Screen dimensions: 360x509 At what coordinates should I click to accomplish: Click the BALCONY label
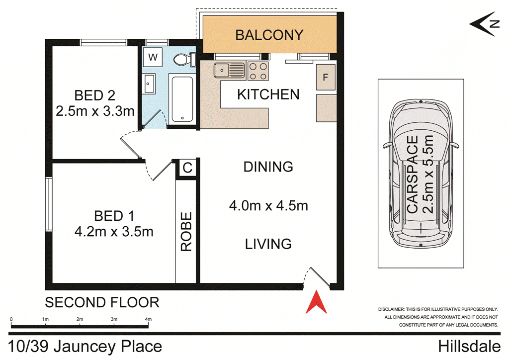pos(269,35)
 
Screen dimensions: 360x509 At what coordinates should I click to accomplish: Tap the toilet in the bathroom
pos(183,59)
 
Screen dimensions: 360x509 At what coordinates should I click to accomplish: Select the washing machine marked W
pos(153,57)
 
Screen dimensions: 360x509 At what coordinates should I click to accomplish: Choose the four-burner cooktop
pos(257,71)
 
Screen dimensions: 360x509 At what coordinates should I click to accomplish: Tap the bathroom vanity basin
pos(149,84)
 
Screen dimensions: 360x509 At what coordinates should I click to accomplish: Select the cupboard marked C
pos(187,168)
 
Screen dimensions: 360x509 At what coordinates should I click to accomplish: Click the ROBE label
pos(186,231)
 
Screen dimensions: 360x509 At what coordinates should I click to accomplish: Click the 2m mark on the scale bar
pos(80,319)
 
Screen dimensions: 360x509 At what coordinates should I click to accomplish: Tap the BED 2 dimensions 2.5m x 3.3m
pos(95,111)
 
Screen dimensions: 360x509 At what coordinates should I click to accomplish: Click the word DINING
pos(268,167)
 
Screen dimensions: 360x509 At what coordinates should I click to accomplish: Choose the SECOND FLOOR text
pos(102,302)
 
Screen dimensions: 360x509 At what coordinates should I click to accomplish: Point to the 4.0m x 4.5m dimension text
pos(268,205)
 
